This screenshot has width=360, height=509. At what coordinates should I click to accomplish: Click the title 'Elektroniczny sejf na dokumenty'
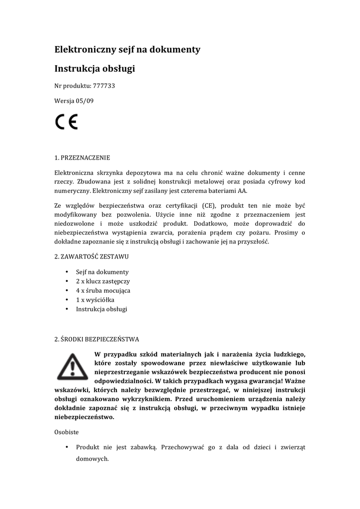coord(127,49)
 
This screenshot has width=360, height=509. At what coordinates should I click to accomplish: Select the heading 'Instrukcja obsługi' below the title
coord(94,69)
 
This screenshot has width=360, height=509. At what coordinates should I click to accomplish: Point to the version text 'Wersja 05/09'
coord(74,100)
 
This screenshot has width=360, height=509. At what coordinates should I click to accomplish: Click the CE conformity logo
coord(66,122)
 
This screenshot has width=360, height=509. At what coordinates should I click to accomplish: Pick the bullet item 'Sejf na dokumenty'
coord(102,272)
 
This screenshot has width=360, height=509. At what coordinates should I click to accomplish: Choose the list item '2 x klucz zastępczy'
coord(102,281)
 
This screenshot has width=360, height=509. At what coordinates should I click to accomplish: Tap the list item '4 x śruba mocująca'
coord(103,290)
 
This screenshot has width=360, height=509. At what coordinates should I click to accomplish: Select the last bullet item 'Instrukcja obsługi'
coord(101,309)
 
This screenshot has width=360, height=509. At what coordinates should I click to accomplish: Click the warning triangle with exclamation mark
coord(72,367)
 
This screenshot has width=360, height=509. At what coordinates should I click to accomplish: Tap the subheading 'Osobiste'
coord(67,432)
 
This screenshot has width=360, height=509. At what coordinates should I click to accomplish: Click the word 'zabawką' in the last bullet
coord(144,447)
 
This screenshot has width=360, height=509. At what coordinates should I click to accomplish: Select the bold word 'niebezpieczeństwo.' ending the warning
coord(85,417)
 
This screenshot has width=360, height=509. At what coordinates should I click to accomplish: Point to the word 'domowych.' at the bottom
coord(92,459)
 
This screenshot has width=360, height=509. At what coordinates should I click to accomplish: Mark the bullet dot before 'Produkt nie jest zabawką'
coord(67,447)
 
